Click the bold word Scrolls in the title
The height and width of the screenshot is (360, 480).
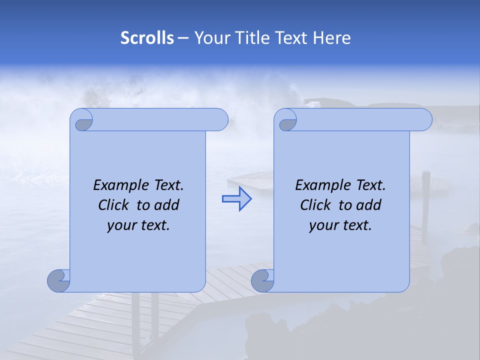147,38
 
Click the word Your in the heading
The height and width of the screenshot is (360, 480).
210,38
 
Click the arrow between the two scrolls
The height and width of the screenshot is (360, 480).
236,199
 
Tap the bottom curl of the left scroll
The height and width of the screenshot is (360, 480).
59,281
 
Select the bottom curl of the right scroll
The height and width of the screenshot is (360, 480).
262,281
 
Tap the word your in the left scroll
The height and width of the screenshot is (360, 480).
122,225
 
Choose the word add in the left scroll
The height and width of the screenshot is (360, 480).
167,205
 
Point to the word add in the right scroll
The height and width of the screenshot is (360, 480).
369,205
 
